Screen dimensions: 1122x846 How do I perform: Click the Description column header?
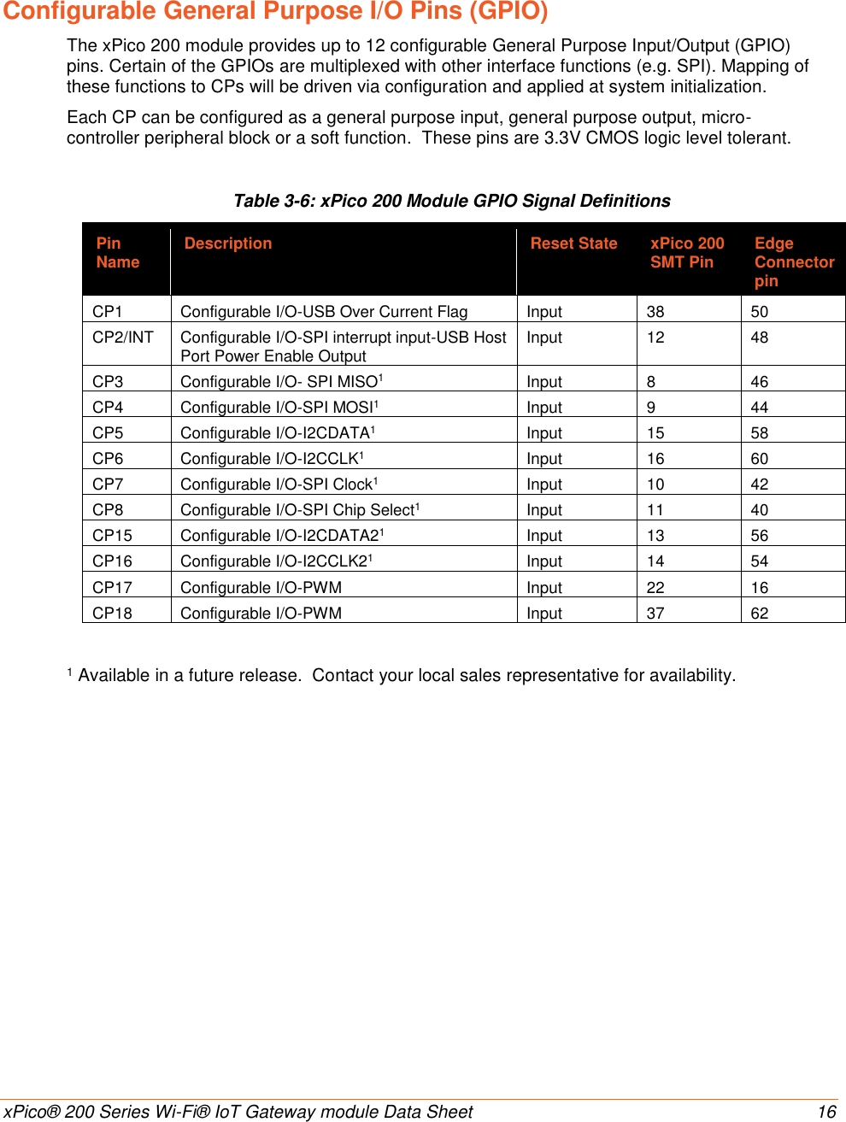click(228, 244)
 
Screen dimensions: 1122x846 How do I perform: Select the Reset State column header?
click(573, 244)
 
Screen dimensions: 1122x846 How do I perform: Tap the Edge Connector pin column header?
click(793, 261)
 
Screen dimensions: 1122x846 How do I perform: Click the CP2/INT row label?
click(123, 338)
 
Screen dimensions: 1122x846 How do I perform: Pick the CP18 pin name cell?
click(112, 614)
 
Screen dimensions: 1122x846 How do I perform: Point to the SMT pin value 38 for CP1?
click(655, 312)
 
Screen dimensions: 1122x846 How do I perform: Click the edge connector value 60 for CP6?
click(759, 459)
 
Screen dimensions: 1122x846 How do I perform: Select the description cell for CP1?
click(324, 312)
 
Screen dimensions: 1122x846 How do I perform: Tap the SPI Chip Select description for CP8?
click(299, 510)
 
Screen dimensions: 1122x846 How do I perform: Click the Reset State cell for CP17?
click(544, 588)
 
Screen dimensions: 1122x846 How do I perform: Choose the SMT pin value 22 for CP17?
click(655, 588)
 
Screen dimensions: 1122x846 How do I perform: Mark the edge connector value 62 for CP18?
click(759, 614)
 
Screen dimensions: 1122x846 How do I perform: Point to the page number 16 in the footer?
click(826, 1112)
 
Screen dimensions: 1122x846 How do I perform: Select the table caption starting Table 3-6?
click(452, 201)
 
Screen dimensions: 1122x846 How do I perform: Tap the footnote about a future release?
click(402, 676)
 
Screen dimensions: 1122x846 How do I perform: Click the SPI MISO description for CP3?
click(281, 382)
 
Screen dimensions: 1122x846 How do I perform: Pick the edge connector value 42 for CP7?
click(759, 485)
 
